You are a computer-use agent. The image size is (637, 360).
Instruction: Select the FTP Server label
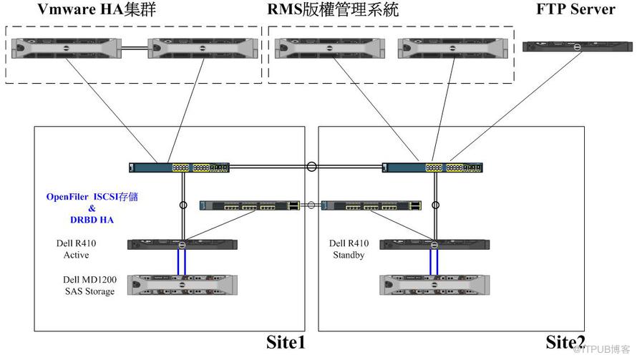tap(575, 10)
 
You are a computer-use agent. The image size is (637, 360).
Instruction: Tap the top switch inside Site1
tap(179, 167)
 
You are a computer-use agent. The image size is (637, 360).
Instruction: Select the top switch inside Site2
tap(432, 167)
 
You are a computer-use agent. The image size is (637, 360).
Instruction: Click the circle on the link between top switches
tap(311, 167)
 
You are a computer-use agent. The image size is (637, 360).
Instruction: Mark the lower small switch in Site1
tap(251, 205)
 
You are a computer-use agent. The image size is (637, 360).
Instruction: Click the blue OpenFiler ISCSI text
tap(92, 195)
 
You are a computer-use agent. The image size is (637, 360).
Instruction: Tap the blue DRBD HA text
tap(92, 220)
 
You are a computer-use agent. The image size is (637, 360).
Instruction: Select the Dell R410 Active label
tap(76, 248)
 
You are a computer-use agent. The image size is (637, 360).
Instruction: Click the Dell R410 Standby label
tap(349, 248)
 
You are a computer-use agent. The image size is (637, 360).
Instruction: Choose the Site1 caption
tap(286, 343)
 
